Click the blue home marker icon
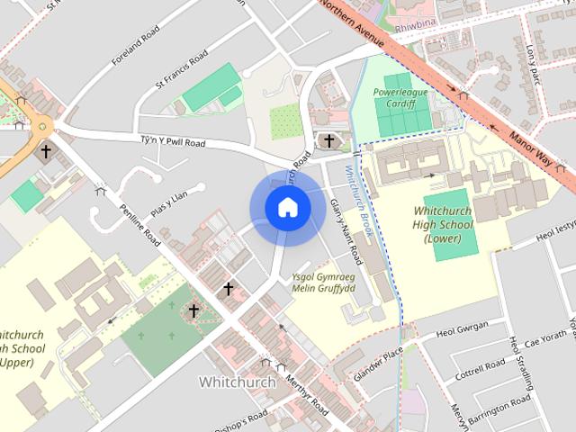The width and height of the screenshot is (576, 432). (x=287, y=208)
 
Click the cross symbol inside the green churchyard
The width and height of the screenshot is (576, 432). (x=193, y=311)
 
